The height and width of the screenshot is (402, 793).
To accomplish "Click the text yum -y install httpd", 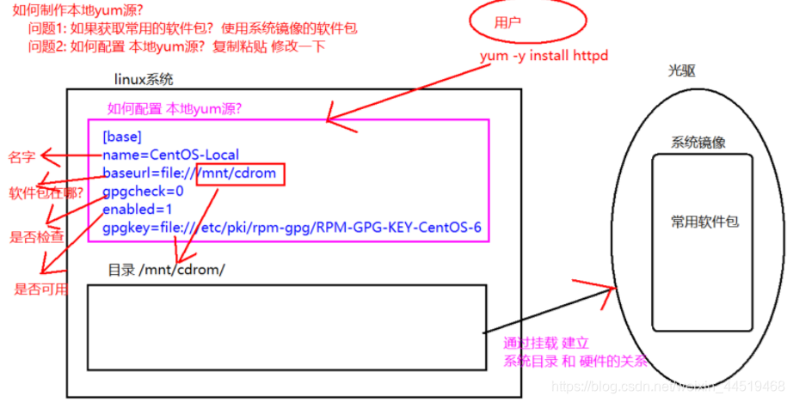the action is point(544,56).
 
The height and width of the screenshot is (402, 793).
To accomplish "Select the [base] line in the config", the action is point(121,137).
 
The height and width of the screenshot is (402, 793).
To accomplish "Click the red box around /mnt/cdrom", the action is point(240,174).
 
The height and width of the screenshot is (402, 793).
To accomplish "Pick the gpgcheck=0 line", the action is point(143,192).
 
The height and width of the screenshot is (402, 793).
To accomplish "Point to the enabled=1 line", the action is point(138,210).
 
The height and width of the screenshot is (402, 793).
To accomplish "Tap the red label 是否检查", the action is point(35,236).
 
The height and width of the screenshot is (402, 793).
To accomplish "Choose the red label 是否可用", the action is point(40,289).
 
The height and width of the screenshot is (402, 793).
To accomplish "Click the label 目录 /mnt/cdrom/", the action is point(166,270).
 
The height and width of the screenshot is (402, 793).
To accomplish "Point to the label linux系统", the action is point(144,80).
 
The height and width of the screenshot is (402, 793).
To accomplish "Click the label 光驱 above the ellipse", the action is point(681,71).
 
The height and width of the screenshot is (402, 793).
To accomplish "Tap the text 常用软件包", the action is point(705,222).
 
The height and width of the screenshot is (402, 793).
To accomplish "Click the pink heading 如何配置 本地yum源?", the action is point(174,109).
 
